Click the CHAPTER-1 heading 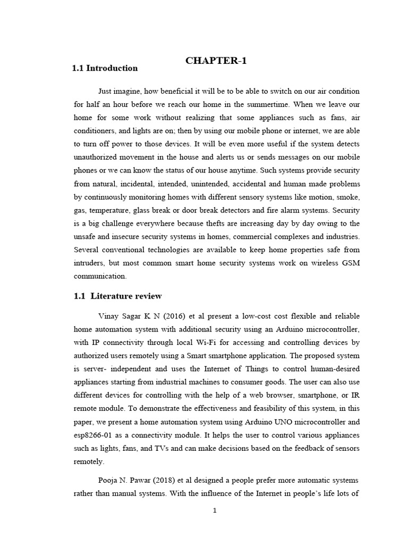(216, 61)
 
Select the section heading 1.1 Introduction (105, 68)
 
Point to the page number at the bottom (215, 511)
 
